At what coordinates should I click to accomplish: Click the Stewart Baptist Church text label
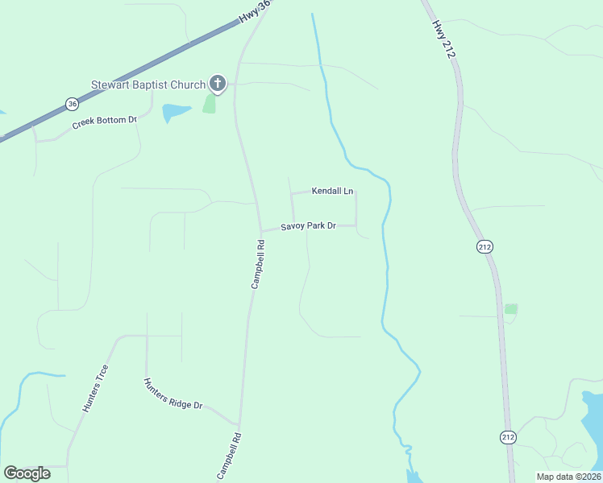click(x=148, y=85)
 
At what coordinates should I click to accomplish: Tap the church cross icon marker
click(x=218, y=83)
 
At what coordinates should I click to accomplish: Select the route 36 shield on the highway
click(x=73, y=104)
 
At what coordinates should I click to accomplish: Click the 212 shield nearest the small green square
click(x=484, y=247)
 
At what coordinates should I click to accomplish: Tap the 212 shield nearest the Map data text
click(x=507, y=437)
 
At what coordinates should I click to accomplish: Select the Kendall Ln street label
click(x=333, y=192)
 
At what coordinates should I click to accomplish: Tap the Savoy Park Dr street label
click(x=307, y=227)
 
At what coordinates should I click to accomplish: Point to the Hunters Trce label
click(x=95, y=388)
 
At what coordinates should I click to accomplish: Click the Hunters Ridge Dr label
click(x=173, y=394)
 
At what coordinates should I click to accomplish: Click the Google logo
click(x=27, y=473)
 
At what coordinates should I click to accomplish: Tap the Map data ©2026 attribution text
click(x=568, y=477)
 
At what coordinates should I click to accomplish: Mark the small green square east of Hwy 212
click(x=510, y=309)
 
